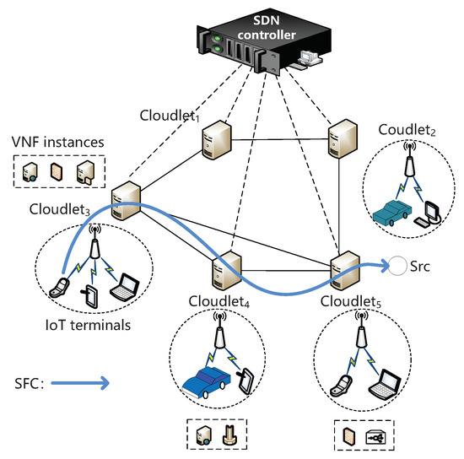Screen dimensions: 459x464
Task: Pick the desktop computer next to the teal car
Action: [x=430, y=211]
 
